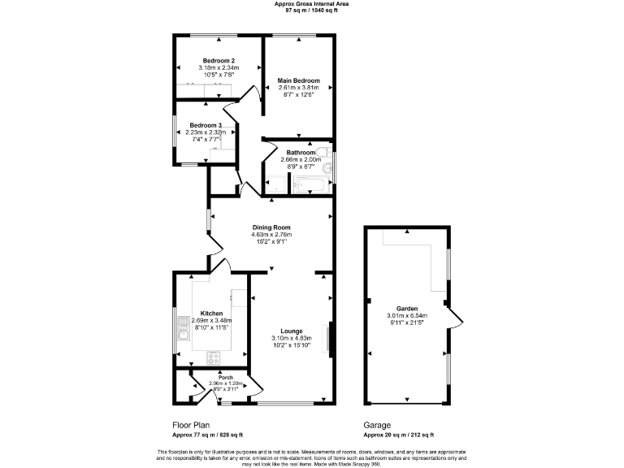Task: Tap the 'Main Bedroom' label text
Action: click(x=300, y=80)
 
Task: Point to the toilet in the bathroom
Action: click(x=323, y=153)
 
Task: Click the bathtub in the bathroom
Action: click(x=308, y=186)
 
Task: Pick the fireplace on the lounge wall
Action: click(x=329, y=339)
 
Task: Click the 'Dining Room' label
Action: click(x=271, y=227)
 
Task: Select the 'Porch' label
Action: click(x=214, y=378)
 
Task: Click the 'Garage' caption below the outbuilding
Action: click(x=377, y=425)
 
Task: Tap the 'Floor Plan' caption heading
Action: click(x=192, y=425)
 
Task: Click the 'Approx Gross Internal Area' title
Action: click(x=313, y=5)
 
